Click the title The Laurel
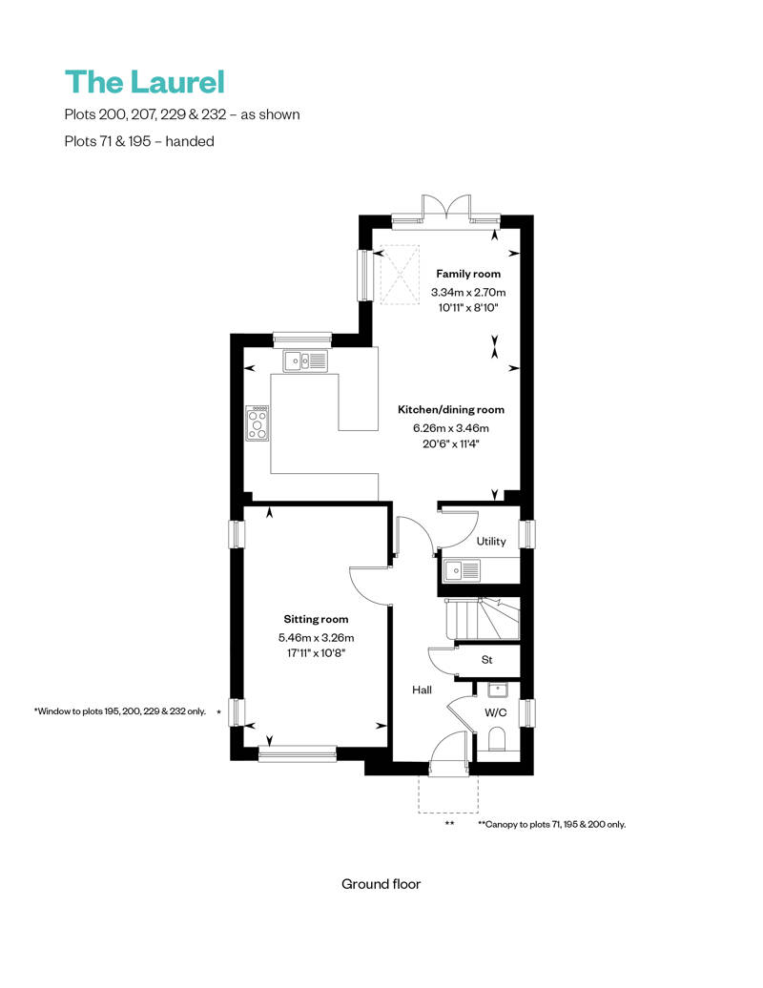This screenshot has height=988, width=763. click(144, 82)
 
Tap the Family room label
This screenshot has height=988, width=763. click(468, 274)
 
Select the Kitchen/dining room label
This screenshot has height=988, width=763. click(450, 409)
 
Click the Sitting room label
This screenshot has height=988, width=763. click(316, 619)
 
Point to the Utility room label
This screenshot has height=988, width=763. click(491, 542)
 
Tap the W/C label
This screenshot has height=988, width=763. click(496, 712)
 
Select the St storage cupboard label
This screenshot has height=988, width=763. click(486, 659)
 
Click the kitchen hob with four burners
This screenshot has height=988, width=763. click(258, 422)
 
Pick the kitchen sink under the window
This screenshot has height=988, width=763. click(304, 360)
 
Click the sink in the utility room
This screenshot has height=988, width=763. click(463, 570)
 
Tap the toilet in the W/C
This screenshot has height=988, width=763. click(496, 738)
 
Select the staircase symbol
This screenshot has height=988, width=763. click(481, 619)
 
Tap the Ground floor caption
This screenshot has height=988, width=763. click(381, 884)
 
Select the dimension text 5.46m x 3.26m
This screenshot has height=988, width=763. click(316, 638)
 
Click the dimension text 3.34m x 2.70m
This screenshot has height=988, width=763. click(468, 292)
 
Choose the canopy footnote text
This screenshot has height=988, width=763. click(551, 824)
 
